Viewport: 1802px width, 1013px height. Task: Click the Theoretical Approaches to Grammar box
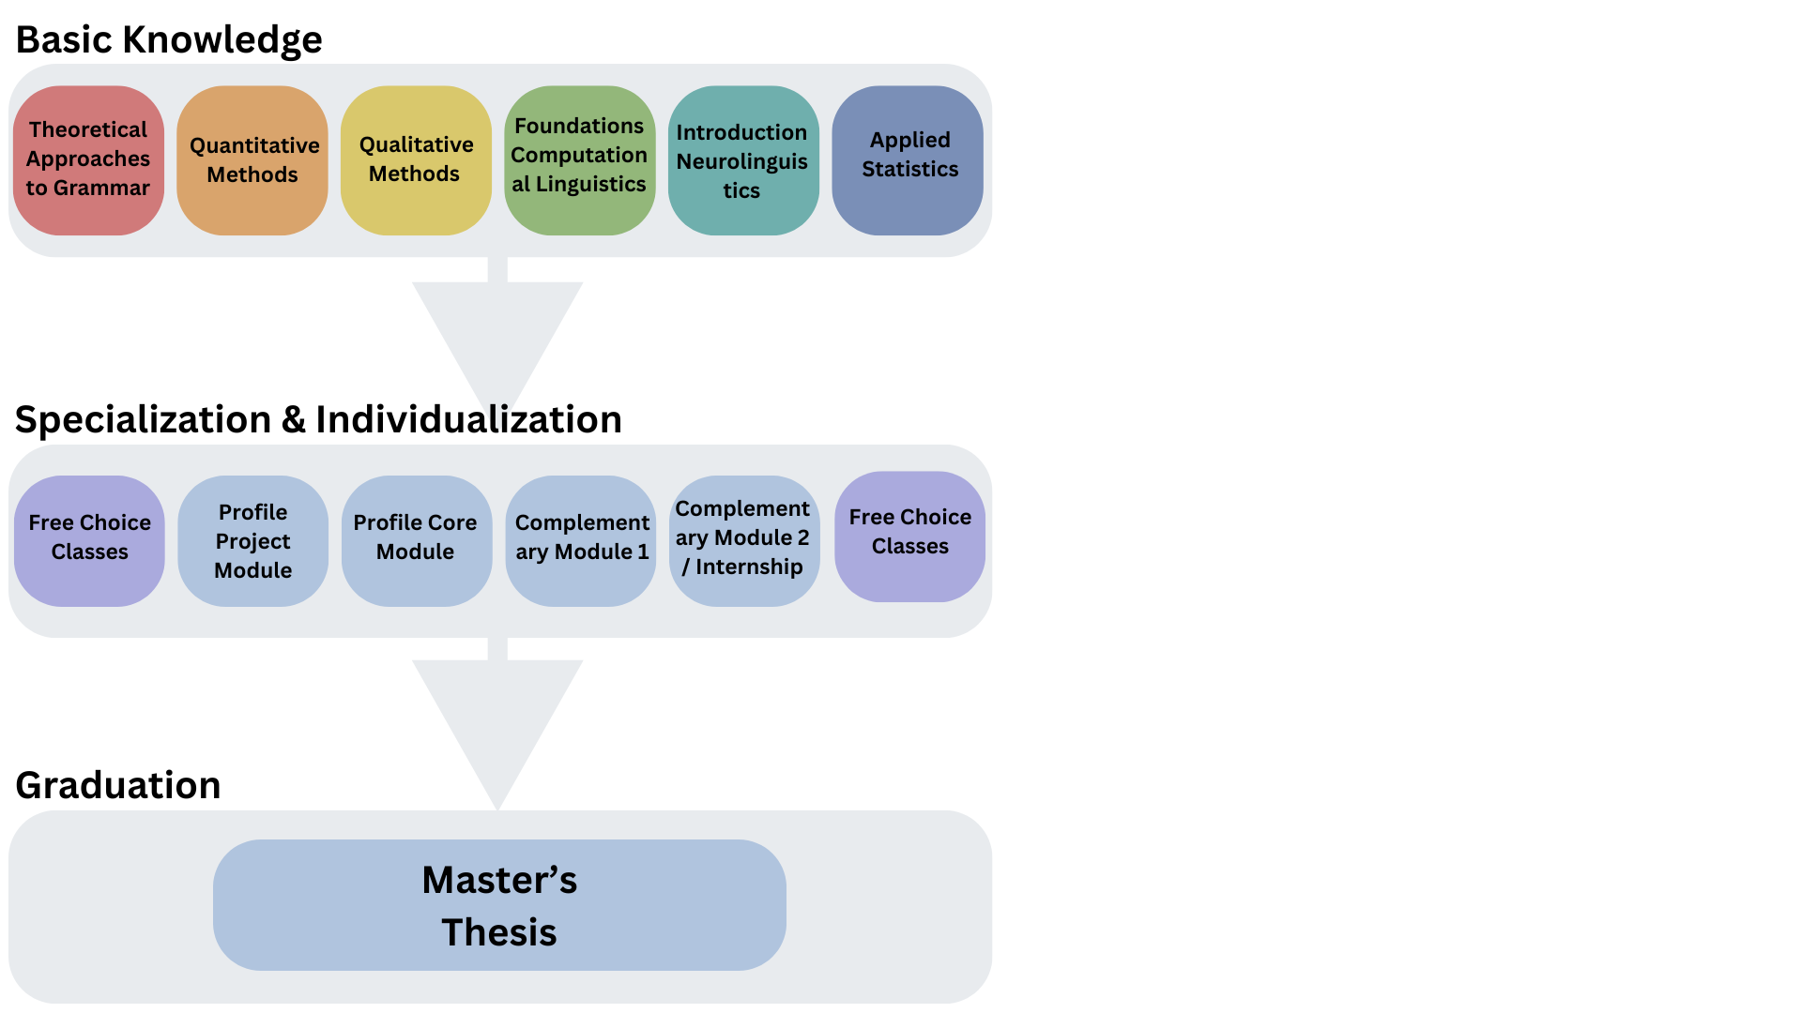click(x=88, y=159)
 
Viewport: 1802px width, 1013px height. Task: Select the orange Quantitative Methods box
click(x=252, y=160)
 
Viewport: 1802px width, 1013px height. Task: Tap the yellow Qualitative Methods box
click(x=416, y=160)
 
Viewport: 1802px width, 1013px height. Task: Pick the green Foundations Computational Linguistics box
click(x=579, y=160)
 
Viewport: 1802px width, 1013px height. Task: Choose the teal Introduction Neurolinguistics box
click(x=742, y=160)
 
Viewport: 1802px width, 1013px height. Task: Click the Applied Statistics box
click(x=908, y=160)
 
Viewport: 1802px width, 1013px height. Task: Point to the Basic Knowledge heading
click(x=169, y=40)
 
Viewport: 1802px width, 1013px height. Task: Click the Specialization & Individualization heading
click(x=318, y=419)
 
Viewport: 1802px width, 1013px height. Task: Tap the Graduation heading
click(x=118, y=785)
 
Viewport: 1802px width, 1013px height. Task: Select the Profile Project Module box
click(x=252, y=541)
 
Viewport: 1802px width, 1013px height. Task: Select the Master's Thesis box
click(x=499, y=904)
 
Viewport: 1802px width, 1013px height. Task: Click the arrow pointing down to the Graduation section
click(x=497, y=722)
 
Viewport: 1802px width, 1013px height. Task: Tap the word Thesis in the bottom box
click(x=499, y=932)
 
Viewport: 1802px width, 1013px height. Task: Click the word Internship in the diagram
click(x=749, y=567)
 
